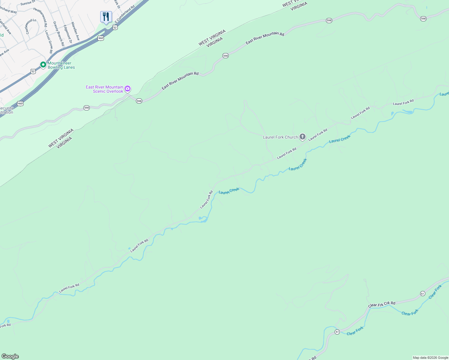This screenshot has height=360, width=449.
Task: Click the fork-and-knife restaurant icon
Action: (x=106, y=16)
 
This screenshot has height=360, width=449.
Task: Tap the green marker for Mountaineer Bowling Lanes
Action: (x=43, y=64)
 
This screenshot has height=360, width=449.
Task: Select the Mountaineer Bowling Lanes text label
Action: (x=61, y=65)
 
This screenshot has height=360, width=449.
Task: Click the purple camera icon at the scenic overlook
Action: (x=128, y=88)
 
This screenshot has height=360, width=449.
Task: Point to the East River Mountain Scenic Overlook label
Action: (x=105, y=89)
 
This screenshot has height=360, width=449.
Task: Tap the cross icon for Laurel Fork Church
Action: (x=302, y=137)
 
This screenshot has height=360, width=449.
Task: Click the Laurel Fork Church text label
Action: (x=280, y=137)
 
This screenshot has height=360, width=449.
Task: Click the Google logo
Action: (x=10, y=356)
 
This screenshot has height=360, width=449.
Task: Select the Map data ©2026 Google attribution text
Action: (x=430, y=358)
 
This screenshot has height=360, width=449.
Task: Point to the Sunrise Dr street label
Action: (x=28, y=3)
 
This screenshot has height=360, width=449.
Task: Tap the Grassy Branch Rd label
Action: (x=59, y=33)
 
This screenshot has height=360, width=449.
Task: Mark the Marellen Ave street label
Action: (x=75, y=31)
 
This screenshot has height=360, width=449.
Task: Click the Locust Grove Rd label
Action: (x=49, y=42)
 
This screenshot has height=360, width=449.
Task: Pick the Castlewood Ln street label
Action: (x=31, y=26)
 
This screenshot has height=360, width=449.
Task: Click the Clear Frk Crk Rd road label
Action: (x=382, y=304)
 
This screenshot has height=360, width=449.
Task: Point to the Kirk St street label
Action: (x=117, y=4)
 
